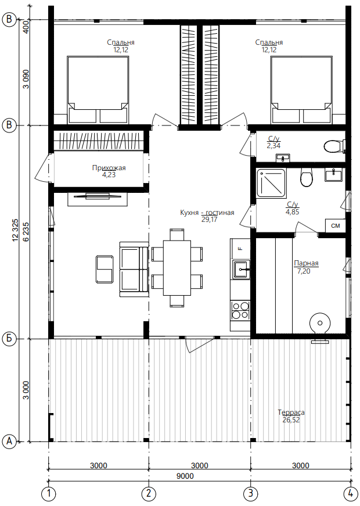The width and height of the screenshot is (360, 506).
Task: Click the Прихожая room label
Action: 109,168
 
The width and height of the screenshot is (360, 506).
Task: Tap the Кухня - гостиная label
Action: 207,213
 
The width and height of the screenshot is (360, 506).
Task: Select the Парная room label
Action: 306,263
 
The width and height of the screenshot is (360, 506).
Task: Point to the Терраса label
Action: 291,412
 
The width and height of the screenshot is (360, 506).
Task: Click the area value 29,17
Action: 209,220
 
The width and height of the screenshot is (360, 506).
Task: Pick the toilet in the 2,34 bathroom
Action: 334,146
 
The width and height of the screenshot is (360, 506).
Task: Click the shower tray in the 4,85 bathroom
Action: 271,183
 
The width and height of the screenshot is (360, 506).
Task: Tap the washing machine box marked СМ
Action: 336,225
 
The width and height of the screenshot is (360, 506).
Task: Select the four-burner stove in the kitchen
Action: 240,310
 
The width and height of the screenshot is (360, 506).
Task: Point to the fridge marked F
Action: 240,248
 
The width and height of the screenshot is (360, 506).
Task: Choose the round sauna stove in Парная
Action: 320,324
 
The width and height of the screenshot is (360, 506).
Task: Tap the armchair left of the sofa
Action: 105,269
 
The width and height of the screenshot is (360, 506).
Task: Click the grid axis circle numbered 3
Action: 250,493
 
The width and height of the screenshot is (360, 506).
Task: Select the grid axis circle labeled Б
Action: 9,339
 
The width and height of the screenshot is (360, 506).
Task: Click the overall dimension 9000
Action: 185,476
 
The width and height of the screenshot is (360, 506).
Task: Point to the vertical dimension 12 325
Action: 16,231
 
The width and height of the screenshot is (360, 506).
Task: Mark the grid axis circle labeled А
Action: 9,441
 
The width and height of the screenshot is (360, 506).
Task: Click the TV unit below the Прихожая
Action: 98,199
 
